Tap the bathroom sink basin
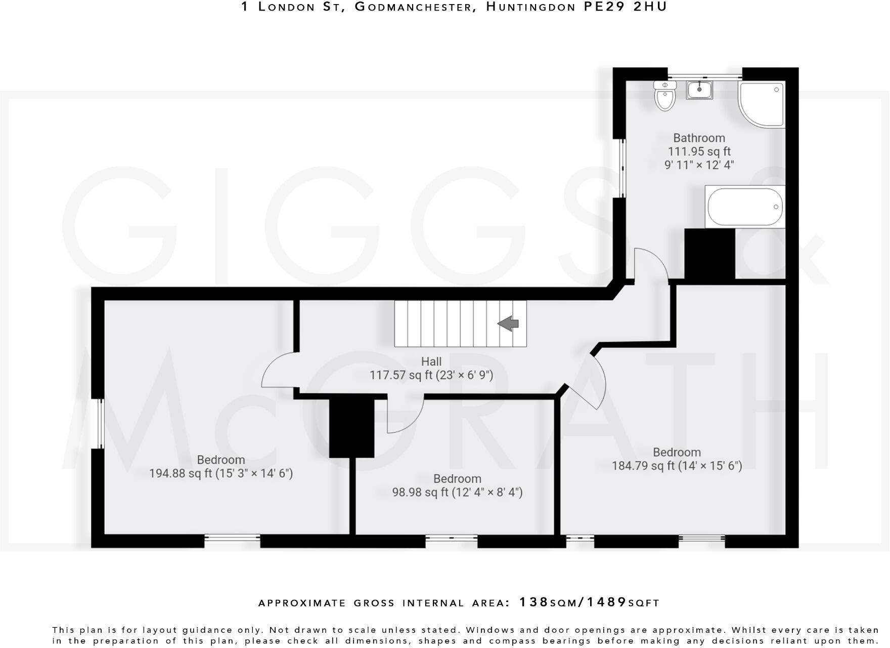point(699,90)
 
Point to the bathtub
point(745,207)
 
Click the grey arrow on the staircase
point(508,323)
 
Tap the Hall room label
point(431,361)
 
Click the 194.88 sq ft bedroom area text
point(220,473)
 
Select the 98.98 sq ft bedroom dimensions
point(457,492)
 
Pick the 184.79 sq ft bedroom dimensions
point(677,466)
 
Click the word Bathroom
point(699,138)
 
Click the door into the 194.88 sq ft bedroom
point(277,370)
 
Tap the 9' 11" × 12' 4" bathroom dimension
point(699,165)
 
